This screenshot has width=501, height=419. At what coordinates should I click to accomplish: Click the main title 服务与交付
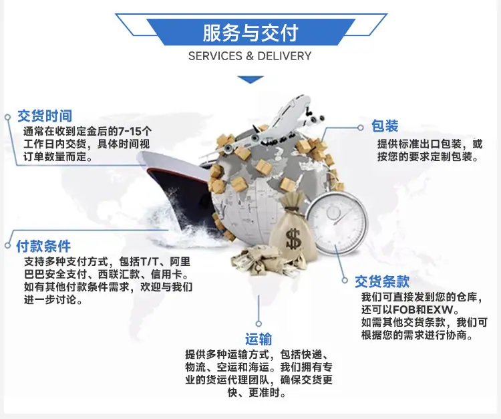click(251, 33)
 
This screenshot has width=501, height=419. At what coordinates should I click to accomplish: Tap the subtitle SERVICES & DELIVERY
click(250, 56)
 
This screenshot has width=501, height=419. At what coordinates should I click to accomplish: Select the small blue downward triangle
click(251, 80)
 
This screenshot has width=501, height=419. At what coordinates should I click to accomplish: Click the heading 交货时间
click(45, 116)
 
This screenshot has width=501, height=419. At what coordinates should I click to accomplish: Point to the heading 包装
click(385, 126)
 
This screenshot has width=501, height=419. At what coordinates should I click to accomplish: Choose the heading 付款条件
click(43, 246)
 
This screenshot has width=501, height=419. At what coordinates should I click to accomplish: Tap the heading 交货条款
click(382, 281)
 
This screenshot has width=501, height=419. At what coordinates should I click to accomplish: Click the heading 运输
click(259, 339)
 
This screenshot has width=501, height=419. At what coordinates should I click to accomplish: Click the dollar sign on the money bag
click(293, 239)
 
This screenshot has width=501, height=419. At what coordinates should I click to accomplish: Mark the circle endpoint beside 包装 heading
click(361, 128)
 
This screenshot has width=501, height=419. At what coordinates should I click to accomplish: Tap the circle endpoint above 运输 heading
click(259, 323)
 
